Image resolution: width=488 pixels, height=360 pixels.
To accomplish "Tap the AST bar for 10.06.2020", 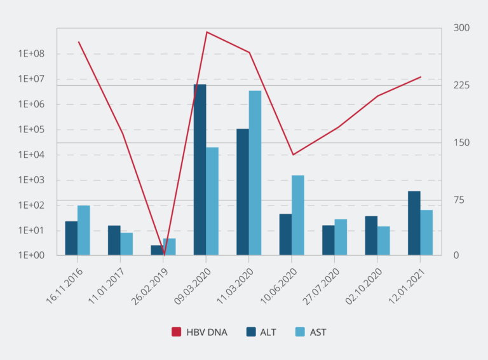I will pos(298,215).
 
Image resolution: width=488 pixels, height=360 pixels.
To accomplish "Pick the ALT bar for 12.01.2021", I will pos(414,223).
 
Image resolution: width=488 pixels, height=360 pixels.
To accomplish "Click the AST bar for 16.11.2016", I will pos(83,230).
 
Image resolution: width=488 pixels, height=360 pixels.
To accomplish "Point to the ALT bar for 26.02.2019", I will pos(156,250).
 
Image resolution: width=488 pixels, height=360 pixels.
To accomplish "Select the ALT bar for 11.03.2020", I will pos(243,192).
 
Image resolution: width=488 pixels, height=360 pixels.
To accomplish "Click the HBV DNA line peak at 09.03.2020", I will pos(207,32).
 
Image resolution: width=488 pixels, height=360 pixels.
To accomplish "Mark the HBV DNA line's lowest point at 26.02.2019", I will pos(163,254).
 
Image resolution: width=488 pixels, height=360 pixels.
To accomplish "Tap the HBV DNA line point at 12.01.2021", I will pos(420,77).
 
